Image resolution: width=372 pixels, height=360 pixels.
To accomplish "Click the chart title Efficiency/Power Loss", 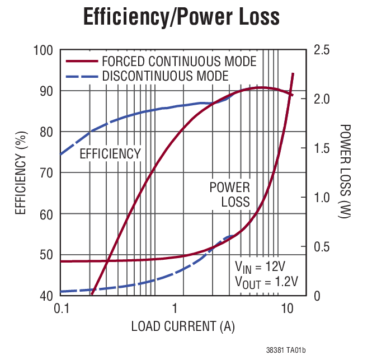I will click(x=181, y=18).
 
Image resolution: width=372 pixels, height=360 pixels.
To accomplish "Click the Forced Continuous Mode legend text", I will click(x=179, y=61).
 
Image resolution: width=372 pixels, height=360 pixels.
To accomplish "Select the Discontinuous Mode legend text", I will click(x=165, y=76).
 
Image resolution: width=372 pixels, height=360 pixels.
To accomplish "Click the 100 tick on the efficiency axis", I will click(x=44, y=50).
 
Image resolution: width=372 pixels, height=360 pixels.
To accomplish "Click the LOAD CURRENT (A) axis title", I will click(x=183, y=326).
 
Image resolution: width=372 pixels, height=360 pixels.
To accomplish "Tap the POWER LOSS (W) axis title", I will click(x=345, y=172).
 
